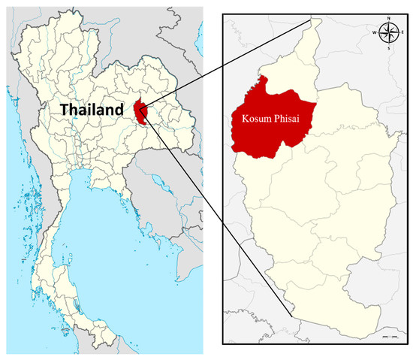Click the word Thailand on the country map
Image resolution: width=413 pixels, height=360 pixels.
click(92, 110)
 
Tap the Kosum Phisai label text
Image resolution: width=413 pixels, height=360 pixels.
click(267, 119)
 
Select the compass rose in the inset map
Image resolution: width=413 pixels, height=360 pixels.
click(388, 32)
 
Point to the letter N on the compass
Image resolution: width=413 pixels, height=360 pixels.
click(388, 20)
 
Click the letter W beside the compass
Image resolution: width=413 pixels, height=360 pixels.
click(375, 32)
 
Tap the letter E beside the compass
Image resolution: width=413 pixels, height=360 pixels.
click(401, 32)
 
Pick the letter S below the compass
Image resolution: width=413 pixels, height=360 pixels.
click(388, 47)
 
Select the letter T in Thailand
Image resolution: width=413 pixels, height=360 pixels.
click(65, 110)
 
